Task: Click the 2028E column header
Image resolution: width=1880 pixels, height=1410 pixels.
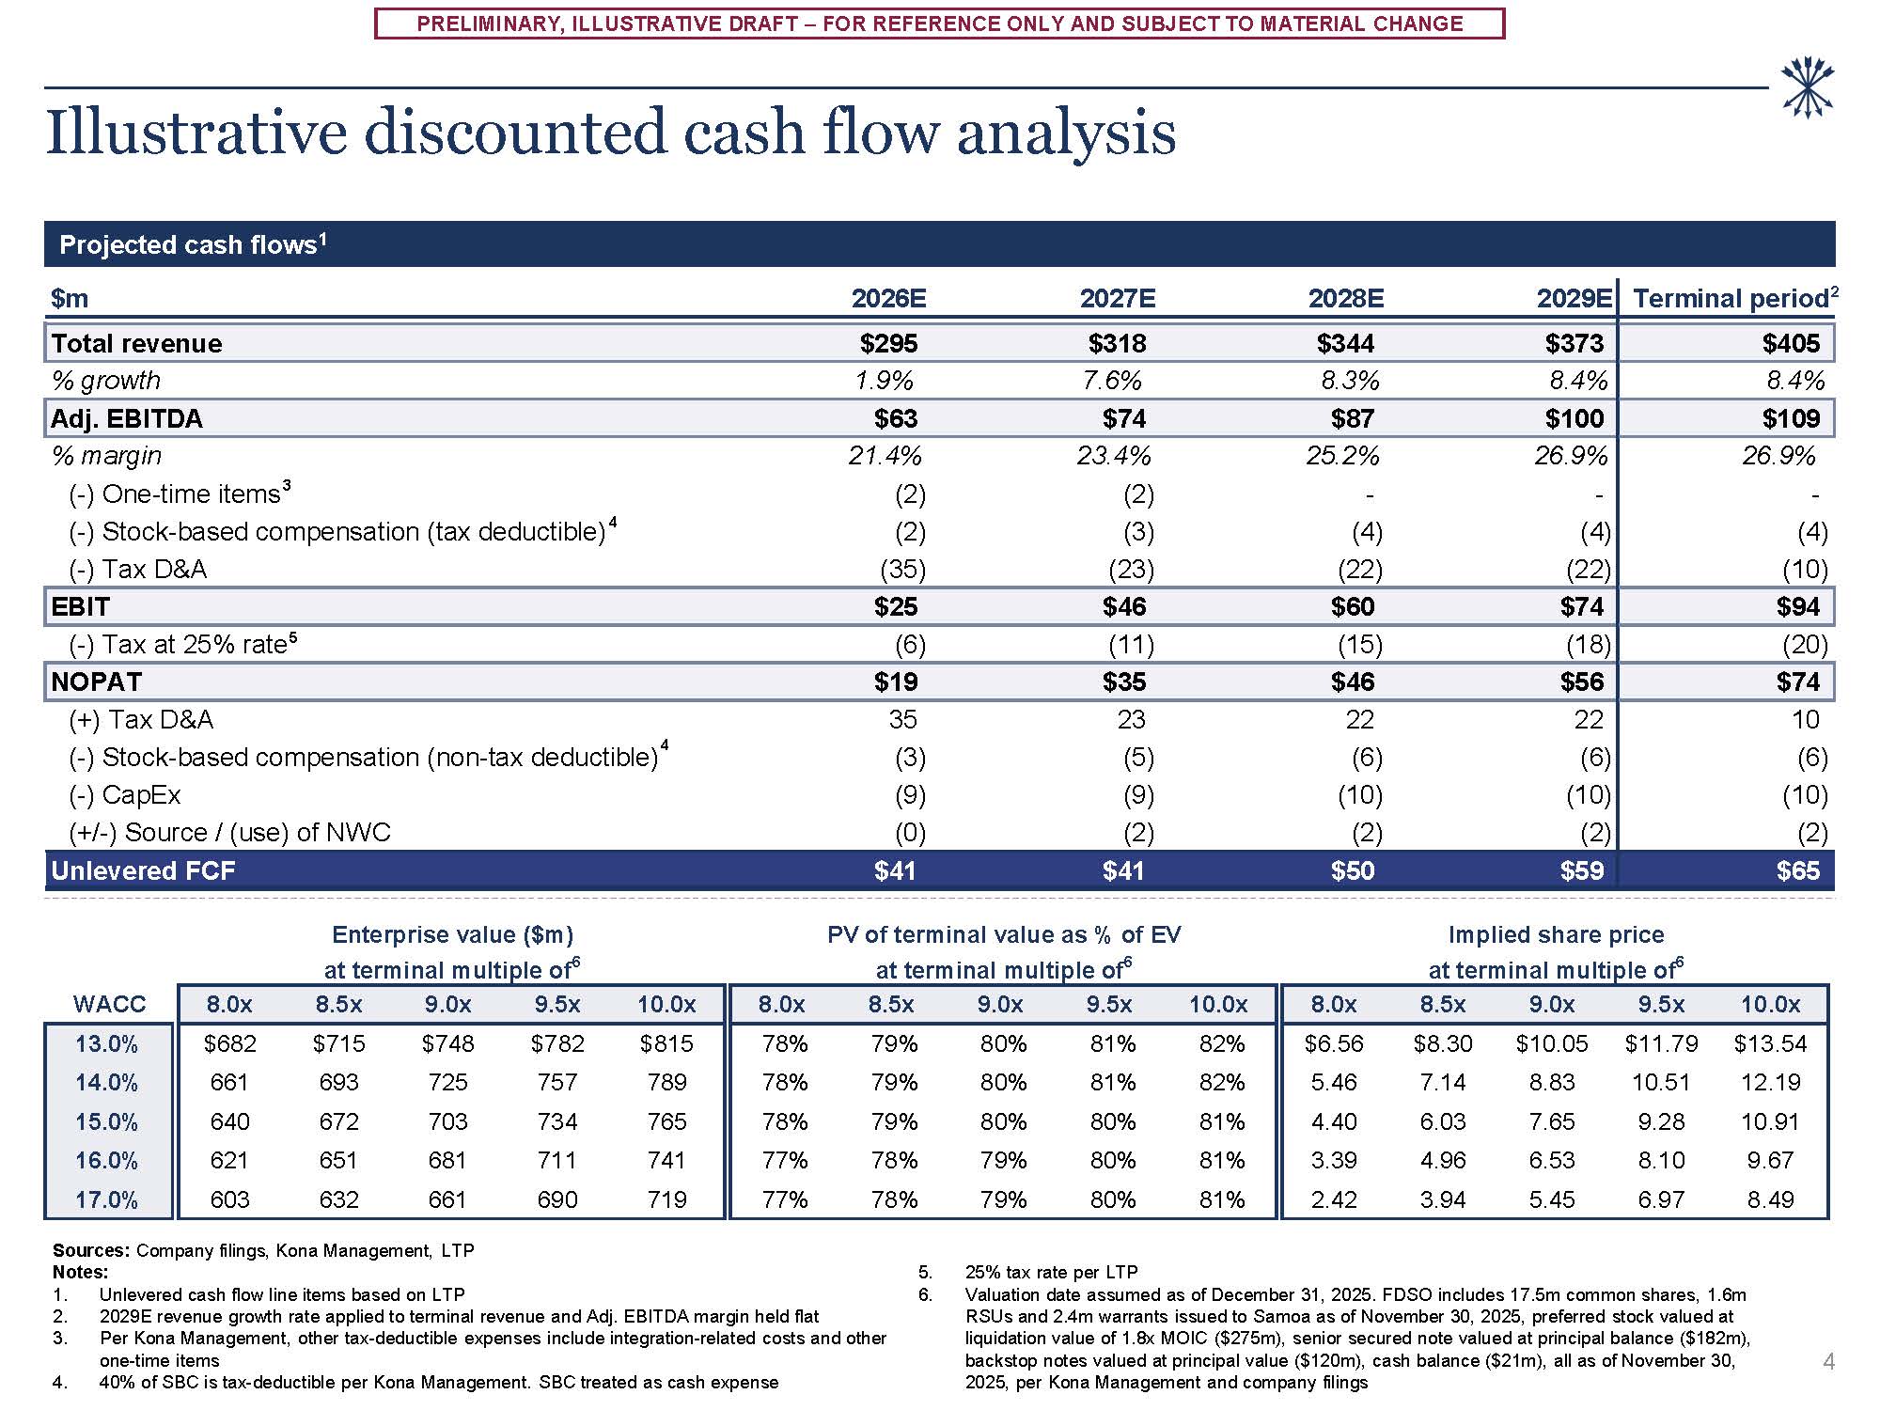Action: click(x=1345, y=299)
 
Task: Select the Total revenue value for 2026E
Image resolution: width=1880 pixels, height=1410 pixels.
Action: click(x=888, y=343)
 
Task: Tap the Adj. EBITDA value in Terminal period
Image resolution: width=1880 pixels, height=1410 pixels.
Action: click(x=1791, y=418)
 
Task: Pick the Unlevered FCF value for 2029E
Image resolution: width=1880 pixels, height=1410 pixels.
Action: click(x=1581, y=870)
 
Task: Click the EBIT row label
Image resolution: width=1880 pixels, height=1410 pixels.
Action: click(x=81, y=606)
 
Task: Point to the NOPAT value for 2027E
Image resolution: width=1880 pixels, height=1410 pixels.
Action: click(x=1123, y=681)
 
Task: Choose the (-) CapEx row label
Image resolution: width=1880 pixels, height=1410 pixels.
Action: click(x=125, y=795)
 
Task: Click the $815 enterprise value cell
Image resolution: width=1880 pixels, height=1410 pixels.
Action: click(x=666, y=1043)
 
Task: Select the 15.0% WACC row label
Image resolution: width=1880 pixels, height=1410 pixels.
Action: click(x=106, y=1121)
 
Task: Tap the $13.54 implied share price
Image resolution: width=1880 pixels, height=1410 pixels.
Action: click(x=1769, y=1043)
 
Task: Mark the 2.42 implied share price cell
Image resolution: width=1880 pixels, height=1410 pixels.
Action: click(x=1333, y=1199)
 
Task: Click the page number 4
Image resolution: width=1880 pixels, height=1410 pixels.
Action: click(x=1828, y=1361)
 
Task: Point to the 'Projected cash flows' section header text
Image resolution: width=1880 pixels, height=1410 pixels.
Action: click(x=188, y=245)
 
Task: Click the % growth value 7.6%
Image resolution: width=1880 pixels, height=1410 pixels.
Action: click(x=1116, y=381)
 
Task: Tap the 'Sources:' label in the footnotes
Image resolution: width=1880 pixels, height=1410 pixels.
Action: click(x=90, y=1250)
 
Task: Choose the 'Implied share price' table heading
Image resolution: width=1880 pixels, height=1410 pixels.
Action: click(x=1556, y=934)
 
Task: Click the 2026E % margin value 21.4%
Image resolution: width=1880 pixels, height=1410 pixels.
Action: click(x=885, y=456)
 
